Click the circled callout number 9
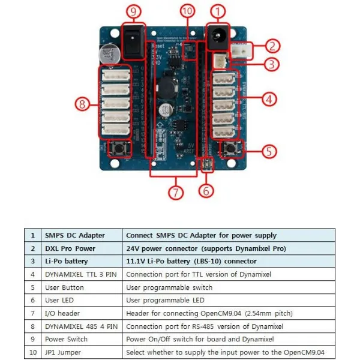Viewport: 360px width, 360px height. pyautogui.click(x=134, y=11)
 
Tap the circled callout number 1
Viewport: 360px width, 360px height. pyautogui.click(x=218, y=11)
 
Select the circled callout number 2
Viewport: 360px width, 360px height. pyautogui.click(x=272, y=46)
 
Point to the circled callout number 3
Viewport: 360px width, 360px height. pyautogui.click(x=272, y=63)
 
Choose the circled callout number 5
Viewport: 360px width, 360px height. pyautogui.click(x=271, y=151)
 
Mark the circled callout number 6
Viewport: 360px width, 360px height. pyautogui.click(x=206, y=191)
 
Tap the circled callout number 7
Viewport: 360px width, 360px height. pyautogui.click(x=176, y=193)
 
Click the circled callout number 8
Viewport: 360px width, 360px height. pyautogui.click(x=83, y=104)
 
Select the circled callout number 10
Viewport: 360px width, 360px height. pyautogui.click(x=188, y=11)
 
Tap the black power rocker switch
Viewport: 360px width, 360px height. pyautogui.click(x=133, y=40)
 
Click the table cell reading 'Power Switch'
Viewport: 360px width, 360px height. pyautogui.click(x=81, y=340)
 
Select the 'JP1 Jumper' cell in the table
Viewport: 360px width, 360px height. pyautogui.click(x=81, y=353)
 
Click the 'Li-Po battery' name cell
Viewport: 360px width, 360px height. pyautogui.click(x=81, y=261)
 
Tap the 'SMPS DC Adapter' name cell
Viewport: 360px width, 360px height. pyautogui.click(x=81, y=235)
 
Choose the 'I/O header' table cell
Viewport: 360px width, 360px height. pyautogui.click(x=81, y=313)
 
